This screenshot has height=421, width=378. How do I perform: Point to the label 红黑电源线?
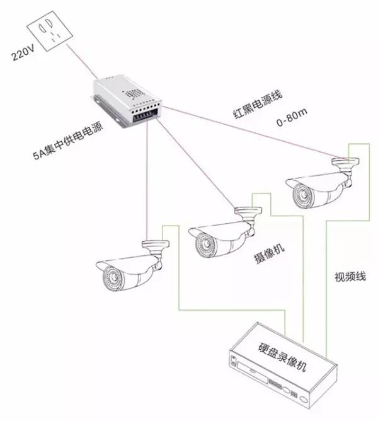(x=255, y=104)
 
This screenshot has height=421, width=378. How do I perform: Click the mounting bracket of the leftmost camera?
(x=156, y=248)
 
